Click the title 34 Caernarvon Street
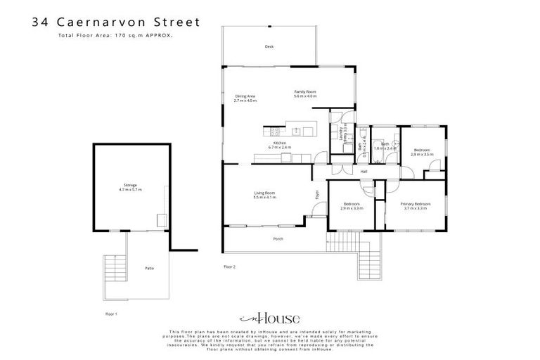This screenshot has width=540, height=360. pos(116,22)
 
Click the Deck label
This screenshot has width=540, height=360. pos(269,46)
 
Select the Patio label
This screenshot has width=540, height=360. pos(149,269)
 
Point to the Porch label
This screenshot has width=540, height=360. pos(278,239)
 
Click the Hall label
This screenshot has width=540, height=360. pos(364,172)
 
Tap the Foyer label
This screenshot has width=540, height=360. pos(317,195)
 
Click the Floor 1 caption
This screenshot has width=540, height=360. pos(111,313)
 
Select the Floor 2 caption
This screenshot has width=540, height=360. pos(229,267)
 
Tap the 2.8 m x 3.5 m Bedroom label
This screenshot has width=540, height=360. pos(422,152)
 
